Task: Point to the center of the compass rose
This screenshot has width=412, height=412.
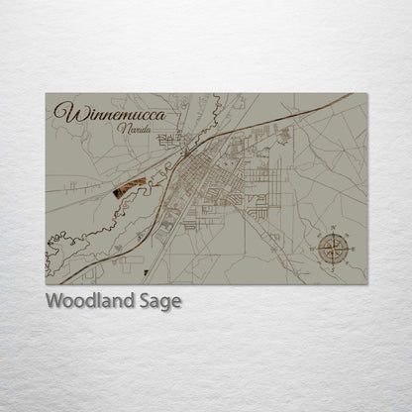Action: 334,249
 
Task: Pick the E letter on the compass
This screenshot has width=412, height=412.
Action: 354,249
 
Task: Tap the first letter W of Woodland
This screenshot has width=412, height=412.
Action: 53,301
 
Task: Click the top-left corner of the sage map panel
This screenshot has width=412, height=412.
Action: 46,93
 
